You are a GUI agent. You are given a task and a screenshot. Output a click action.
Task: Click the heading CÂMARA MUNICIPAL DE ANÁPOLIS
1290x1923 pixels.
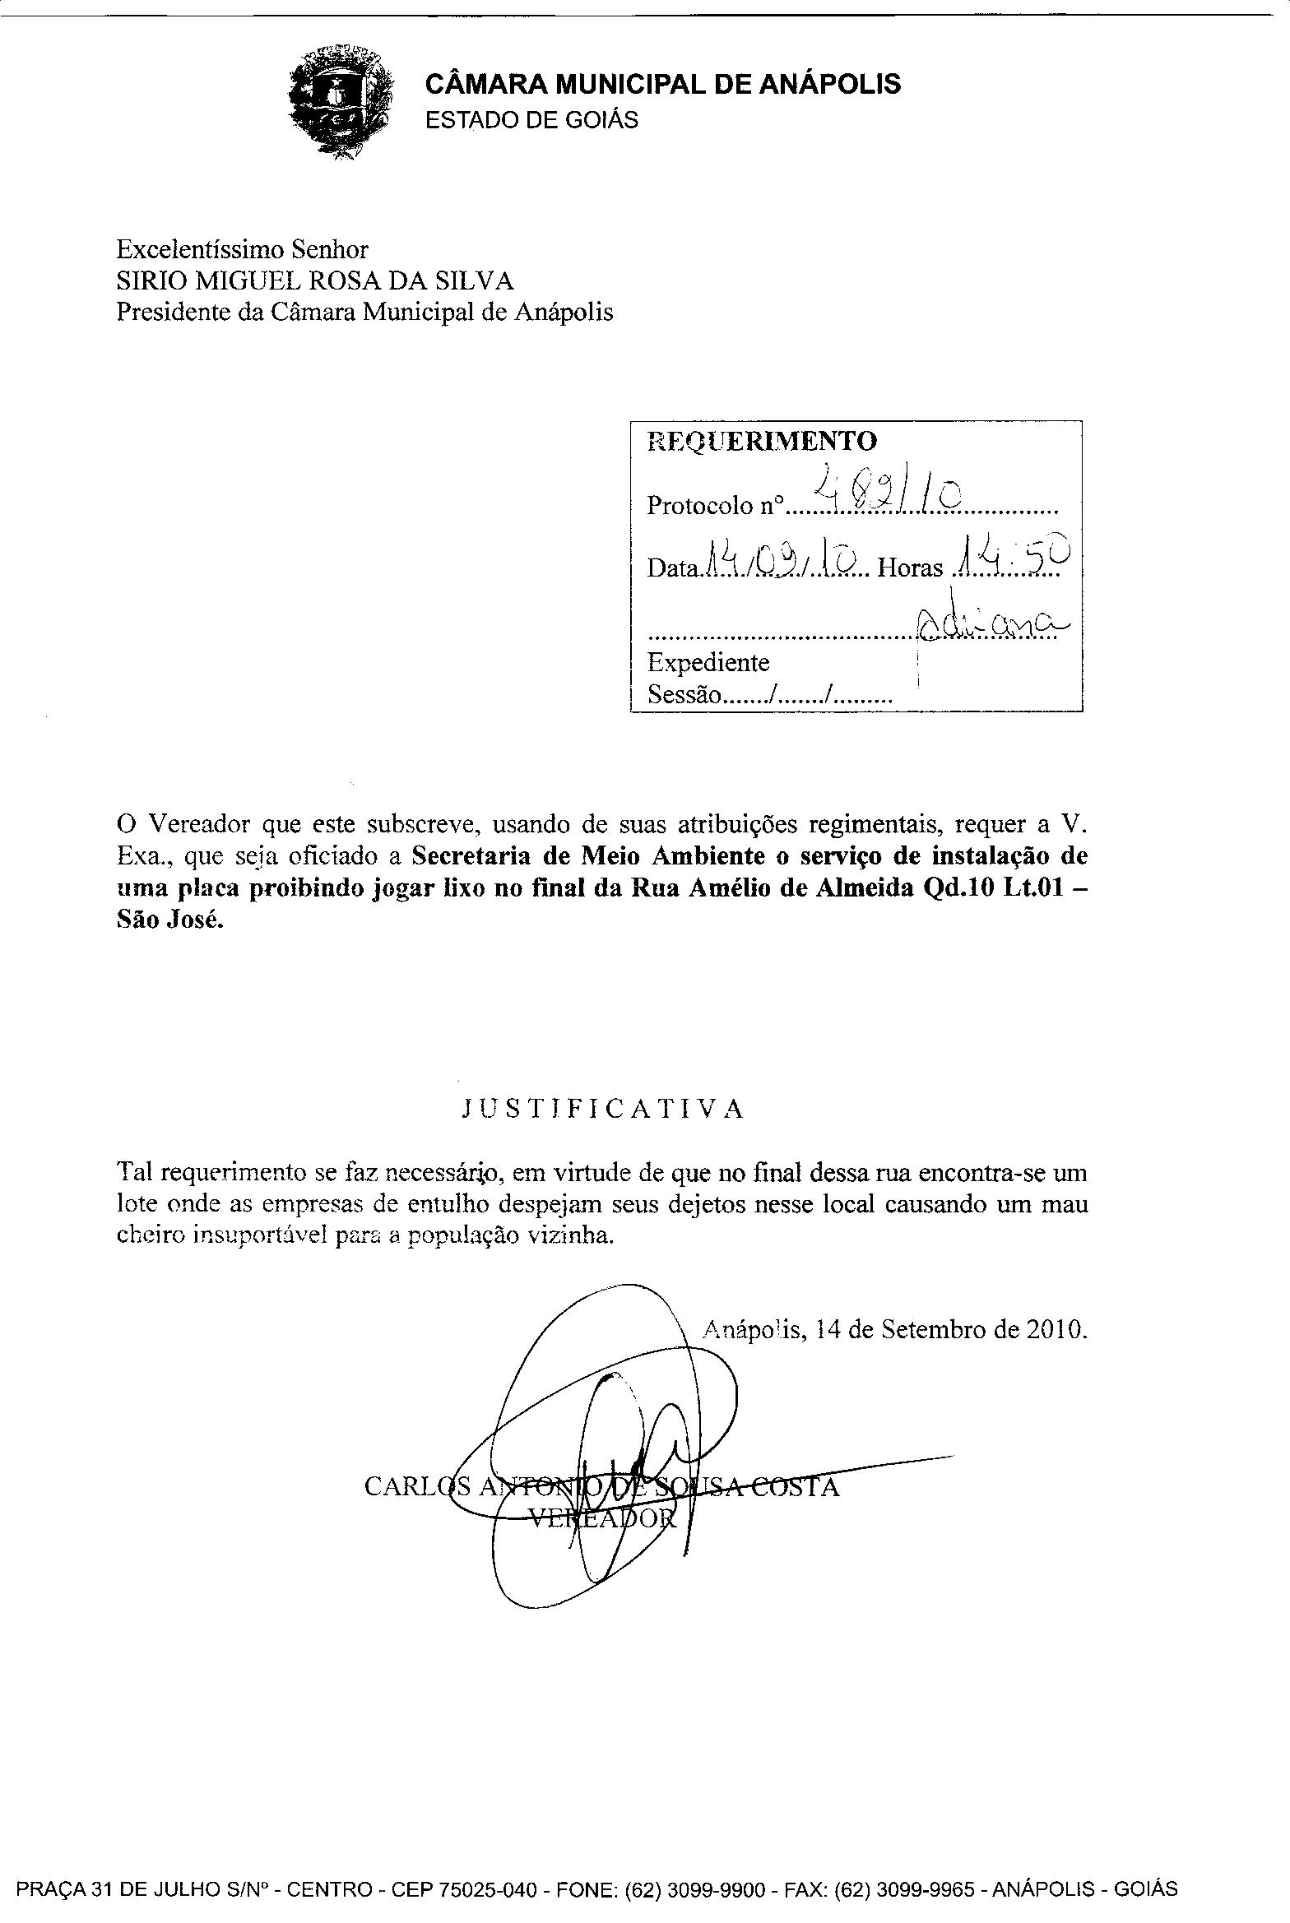pyautogui.click(x=662, y=84)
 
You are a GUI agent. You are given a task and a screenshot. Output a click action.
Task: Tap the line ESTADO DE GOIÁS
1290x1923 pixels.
pyautogui.click(x=531, y=120)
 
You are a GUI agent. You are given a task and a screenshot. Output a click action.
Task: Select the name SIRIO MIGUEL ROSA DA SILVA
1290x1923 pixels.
pyautogui.click(x=315, y=281)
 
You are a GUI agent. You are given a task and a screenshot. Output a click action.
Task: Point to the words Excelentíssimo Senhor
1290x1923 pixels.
pyautogui.click(x=242, y=249)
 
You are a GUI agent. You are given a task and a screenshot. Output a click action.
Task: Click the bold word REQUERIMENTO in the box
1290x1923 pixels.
pyautogui.click(x=763, y=441)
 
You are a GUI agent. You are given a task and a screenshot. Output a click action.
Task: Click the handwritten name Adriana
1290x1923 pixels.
pyautogui.click(x=987, y=626)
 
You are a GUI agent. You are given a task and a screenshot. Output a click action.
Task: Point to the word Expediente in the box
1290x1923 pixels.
pyautogui.click(x=708, y=662)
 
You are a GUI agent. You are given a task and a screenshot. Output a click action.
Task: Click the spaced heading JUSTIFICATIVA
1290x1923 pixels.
pyautogui.click(x=603, y=1110)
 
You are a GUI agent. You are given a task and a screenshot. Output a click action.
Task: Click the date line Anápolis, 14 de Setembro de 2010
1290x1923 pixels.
pyautogui.click(x=895, y=1329)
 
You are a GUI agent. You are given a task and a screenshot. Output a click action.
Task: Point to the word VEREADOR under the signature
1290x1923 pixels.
pyautogui.click(x=601, y=1519)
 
